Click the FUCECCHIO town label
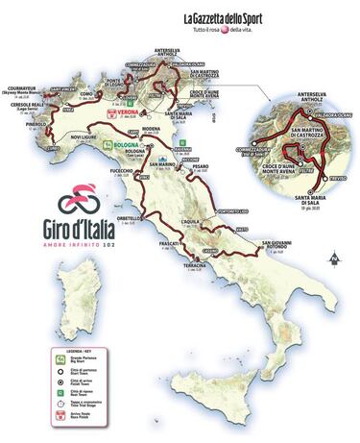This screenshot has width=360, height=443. (121, 170)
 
